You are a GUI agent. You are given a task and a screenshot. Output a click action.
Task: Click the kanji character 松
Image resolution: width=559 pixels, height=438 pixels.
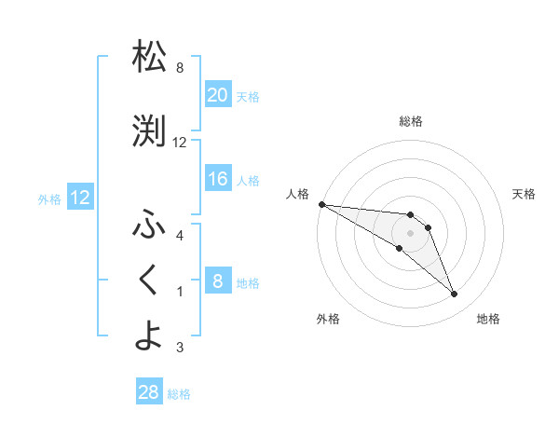(149, 58)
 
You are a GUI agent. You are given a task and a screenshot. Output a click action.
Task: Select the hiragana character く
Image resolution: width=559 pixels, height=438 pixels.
(149, 279)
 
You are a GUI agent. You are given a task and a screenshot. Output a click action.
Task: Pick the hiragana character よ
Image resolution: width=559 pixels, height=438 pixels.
(149, 335)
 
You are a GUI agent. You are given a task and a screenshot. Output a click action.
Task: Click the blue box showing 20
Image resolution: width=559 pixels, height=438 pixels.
(218, 94)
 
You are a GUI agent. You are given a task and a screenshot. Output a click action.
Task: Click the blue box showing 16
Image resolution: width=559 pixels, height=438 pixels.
(218, 179)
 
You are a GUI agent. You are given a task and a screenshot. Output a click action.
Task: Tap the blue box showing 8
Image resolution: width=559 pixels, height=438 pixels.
(218, 281)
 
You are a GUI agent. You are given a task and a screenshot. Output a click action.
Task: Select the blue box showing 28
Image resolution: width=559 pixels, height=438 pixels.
(149, 392)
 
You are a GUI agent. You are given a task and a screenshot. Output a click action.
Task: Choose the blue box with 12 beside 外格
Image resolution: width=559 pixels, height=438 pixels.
(79, 198)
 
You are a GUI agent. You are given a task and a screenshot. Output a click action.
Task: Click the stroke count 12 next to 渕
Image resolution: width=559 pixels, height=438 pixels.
(180, 143)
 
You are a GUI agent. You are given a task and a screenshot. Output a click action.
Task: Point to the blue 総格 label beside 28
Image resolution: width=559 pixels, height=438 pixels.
(179, 394)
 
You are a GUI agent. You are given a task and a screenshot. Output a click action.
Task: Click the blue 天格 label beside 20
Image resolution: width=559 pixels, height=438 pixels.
(248, 96)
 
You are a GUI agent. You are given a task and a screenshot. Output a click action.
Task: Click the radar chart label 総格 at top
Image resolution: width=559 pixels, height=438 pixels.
(410, 121)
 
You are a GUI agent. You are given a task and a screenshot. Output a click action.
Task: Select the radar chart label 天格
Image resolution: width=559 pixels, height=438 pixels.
(525, 194)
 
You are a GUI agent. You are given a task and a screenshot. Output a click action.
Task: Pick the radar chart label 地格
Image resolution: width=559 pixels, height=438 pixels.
(488, 319)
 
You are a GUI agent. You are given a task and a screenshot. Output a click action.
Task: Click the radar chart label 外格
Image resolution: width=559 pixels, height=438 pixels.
(328, 319)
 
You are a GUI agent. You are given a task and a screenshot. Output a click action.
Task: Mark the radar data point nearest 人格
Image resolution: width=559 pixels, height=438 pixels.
(321, 204)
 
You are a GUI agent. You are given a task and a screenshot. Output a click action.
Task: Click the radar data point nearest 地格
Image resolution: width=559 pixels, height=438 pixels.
(455, 294)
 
